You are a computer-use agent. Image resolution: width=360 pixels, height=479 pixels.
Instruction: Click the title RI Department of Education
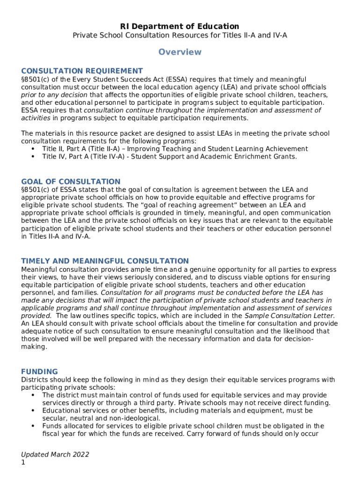[180, 27]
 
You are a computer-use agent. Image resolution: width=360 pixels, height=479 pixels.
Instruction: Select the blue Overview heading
[180, 52]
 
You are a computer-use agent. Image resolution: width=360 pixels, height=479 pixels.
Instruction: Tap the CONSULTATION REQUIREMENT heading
[82, 71]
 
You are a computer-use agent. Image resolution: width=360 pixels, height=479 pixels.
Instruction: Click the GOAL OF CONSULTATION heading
[71, 181]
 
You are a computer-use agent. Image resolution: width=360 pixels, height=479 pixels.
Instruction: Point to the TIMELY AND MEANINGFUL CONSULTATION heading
[105, 261]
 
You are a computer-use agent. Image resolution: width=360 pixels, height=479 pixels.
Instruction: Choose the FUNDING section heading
[40, 371]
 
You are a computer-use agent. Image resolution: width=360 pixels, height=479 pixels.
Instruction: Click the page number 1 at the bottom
[23, 463]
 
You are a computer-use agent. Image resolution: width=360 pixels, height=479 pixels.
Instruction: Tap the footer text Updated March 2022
[55, 455]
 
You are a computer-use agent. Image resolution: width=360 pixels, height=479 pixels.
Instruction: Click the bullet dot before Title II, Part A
[33, 149]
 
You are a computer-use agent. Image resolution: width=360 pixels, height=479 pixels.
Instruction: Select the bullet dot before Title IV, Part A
[33, 157]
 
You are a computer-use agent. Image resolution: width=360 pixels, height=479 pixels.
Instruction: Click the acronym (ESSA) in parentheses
[176, 80]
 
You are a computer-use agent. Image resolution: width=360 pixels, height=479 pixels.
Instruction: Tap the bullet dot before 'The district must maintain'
[33, 395]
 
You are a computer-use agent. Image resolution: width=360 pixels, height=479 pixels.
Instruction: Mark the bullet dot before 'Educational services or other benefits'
[33, 411]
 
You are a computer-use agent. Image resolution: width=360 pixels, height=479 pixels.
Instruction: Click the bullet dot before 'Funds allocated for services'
[33, 426]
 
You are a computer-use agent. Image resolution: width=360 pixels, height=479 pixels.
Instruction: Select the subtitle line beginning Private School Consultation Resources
[180, 36]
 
